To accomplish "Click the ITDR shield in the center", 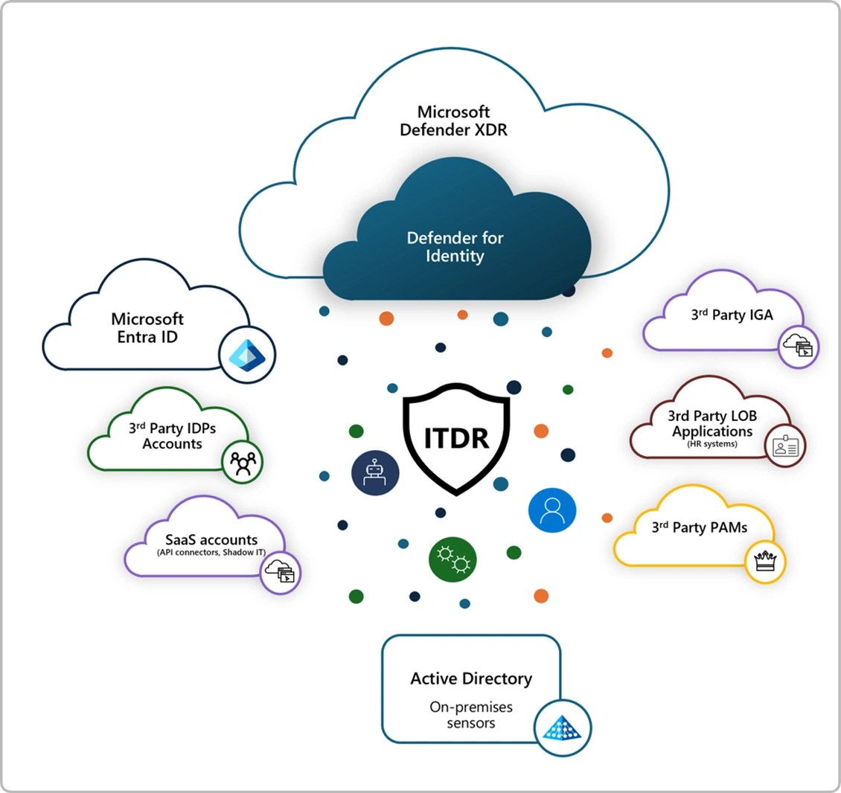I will coord(456,438).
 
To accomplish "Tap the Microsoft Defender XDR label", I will coord(453,121).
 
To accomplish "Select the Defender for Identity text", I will coord(455,247).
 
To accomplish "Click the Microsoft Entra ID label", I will coord(147,328).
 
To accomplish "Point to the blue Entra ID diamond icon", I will coord(247,355).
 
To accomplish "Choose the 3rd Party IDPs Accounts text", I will coord(172,435).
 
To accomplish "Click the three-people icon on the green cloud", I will coord(243,463).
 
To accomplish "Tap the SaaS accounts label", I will coord(211,540).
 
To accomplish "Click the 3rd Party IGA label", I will coord(732,315).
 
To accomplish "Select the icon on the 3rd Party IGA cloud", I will coord(799,346).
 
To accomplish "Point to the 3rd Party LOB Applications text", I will coord(712,424).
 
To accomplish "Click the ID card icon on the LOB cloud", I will coord(784,446).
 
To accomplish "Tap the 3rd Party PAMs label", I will coord(700,527).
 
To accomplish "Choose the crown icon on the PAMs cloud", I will coord(765,560).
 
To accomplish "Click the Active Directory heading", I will coord(471,678).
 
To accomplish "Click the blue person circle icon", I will coord(552,510).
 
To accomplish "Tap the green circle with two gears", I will coord(453,559).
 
